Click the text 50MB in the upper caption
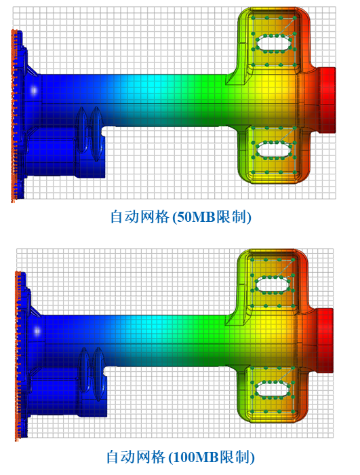(x=195, y=217)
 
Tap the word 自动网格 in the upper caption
(x=139, y=217)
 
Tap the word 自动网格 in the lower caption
(x=136, y=457)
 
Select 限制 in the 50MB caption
(x=231, y=217)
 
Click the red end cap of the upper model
(x=327, y=100)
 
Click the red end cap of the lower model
(x=325, y=341)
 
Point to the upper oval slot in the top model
(x=274, y=43)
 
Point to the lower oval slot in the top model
(x=274, y=150)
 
